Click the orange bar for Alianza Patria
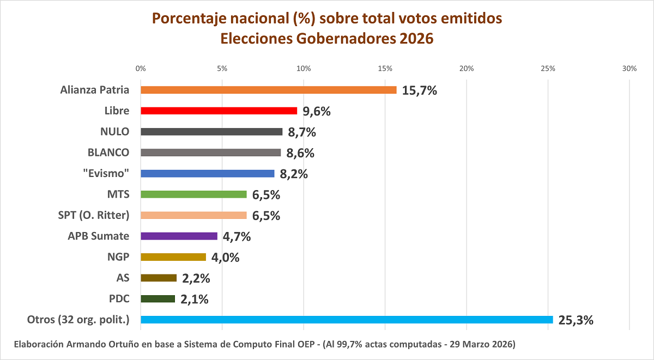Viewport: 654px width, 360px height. point(268,90)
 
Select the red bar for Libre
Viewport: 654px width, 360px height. point(219,111)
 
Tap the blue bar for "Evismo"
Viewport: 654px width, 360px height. point(207,174)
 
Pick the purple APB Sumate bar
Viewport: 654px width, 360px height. point(179,236)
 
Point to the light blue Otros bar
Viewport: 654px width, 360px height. point(347,320)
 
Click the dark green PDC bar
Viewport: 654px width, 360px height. point(158,299)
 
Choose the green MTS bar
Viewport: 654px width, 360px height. point(193,194)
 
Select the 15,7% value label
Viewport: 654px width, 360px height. point(420,90)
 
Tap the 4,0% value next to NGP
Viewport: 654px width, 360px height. point(225,258)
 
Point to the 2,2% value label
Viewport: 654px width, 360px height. point(196,278)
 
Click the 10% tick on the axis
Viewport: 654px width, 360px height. point(303,69)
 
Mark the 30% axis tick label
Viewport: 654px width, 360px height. point(629,69)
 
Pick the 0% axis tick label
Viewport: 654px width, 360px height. point(141,69)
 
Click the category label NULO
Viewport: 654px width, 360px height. point(114,131)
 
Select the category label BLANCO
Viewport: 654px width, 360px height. point(108,152)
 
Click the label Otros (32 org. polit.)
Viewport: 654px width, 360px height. point(78,320)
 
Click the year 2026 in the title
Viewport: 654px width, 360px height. point(415,39)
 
